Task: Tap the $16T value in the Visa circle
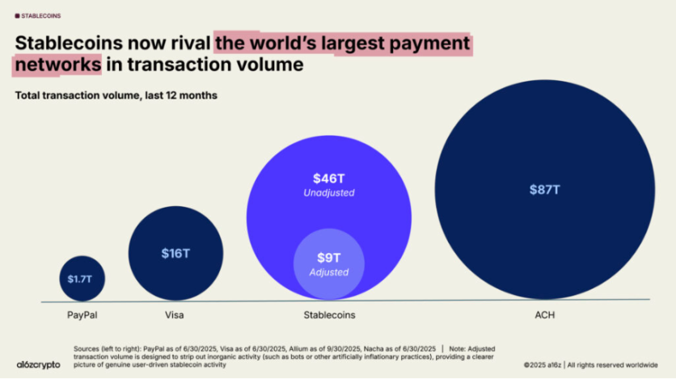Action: tap(175, 253)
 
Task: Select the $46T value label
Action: tap(329, 178)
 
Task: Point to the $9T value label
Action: tap(328, 257)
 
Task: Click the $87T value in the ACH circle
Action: tap(545, 189)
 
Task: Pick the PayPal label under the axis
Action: tap(81, 314)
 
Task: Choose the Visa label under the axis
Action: tap(175, 314)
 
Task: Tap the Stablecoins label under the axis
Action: tap(329, 314)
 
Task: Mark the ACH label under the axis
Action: tap(545, 314)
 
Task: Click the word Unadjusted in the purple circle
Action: tap(329, 193)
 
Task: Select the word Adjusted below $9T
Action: tap(328, 272)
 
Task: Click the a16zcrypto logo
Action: tap(38, 364)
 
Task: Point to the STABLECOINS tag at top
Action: tap(41, 15)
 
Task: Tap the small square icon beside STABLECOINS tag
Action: tap(18, 15)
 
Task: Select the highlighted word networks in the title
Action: tap(58, 64)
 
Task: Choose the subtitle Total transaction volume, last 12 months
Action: tap(116, 95)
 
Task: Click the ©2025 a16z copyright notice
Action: tap(558, 365)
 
